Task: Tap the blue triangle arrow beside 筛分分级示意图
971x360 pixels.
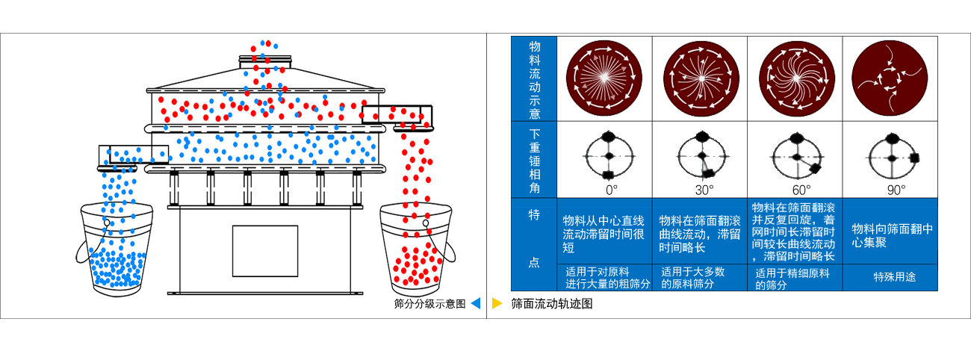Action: [x=475, y=304]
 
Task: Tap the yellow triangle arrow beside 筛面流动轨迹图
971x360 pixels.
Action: [x=497, y=304]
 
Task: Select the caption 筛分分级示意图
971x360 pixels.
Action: [x=429, y=304]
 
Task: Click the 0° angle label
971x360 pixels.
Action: [x=611, y=190]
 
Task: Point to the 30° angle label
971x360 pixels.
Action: [x=704, y=190]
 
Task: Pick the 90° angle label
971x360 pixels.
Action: [x=895, y=190]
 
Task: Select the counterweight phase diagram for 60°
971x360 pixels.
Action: [x=796, y=156]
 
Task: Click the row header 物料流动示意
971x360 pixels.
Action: [x=534, y=79]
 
